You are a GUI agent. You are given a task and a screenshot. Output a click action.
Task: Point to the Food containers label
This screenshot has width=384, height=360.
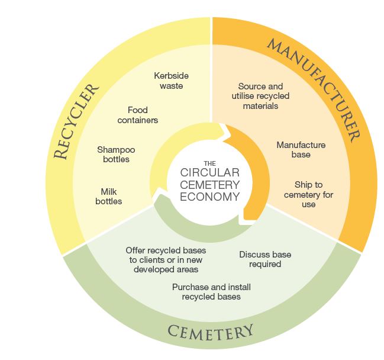point(137,115)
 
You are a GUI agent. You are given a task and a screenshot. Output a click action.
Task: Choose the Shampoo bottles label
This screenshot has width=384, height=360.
point(113,154)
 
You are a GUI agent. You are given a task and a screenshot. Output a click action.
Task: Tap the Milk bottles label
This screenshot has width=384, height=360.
point(109,197)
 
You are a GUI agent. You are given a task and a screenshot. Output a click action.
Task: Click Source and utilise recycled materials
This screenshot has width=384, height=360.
point(260,96)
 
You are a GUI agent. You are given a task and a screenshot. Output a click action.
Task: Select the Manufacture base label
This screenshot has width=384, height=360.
point(301,149)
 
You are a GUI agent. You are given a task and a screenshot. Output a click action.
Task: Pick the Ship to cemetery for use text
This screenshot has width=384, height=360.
point(308,194)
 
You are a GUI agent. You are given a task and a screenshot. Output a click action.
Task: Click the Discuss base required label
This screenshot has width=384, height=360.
point(265,259)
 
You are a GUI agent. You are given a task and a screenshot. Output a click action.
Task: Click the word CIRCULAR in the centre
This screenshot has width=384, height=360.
point(203,173)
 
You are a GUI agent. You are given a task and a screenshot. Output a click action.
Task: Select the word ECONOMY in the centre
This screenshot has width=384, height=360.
point(203,197)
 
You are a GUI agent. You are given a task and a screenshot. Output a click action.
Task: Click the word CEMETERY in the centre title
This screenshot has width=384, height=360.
point(203,185)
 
